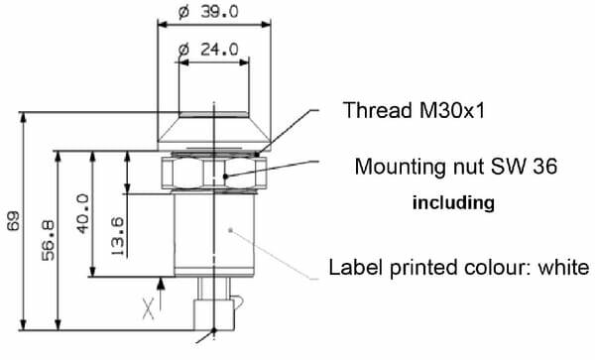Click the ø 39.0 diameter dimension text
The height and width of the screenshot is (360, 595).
pyautogui.click(x=208, y=12)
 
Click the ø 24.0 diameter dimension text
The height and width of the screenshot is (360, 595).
pyautogui.click(x=208, y=50)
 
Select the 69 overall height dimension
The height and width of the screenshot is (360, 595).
pyautogui.click(x=13, y=221)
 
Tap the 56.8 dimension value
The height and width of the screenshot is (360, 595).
pyautogui.click(x=49, y=241)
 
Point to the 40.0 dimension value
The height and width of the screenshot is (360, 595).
pyautogui.click(x=82, y=213)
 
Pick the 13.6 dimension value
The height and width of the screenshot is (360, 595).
pyautogui.click(x=118, y=236)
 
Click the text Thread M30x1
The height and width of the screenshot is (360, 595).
pyautogui.click(x=414, y=110)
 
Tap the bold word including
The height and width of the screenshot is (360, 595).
pyautogui.click(x=453, y=203)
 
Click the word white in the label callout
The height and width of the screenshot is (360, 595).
pyautogui.click(x=563, y=267)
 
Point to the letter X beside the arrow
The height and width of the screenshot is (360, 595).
pyautogui.click(x=149, y=308)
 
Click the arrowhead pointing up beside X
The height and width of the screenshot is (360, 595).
pyautogui.click(x=161, y=284)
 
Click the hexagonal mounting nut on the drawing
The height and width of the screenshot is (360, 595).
pyautogui.click(x=214, y=173)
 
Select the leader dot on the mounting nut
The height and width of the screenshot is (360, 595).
pyautogui.click(x=225, y=176)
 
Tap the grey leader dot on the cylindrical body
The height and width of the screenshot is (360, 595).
pyautogui.click(x=230, y=229)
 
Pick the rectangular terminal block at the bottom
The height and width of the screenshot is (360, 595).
pyautogui.click(x=213, y=314)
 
